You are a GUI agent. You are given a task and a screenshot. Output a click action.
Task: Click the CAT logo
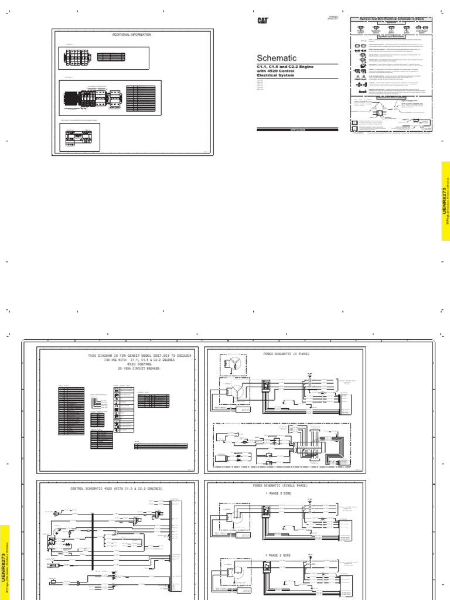(x=262, y=20)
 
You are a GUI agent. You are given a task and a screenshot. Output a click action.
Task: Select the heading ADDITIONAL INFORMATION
(x=131, y=35)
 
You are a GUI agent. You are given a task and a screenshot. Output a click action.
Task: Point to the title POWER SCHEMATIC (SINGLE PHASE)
(x=279, y=486)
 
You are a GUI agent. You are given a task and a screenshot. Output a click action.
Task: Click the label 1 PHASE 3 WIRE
(x=280, y=493)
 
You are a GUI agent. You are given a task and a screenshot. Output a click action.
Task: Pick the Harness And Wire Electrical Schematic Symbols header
(x=395, y=19)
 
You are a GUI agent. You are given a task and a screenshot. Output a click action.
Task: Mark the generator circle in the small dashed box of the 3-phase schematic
(x=233, y=363)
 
